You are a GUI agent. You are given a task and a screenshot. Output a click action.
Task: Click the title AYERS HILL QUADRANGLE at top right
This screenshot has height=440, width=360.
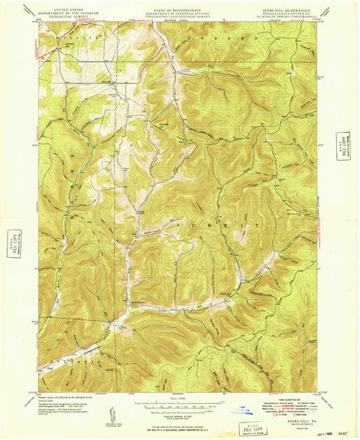pos(298,11)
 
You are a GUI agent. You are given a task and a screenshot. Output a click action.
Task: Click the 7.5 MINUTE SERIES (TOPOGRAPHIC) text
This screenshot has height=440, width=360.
pos(298,20)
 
